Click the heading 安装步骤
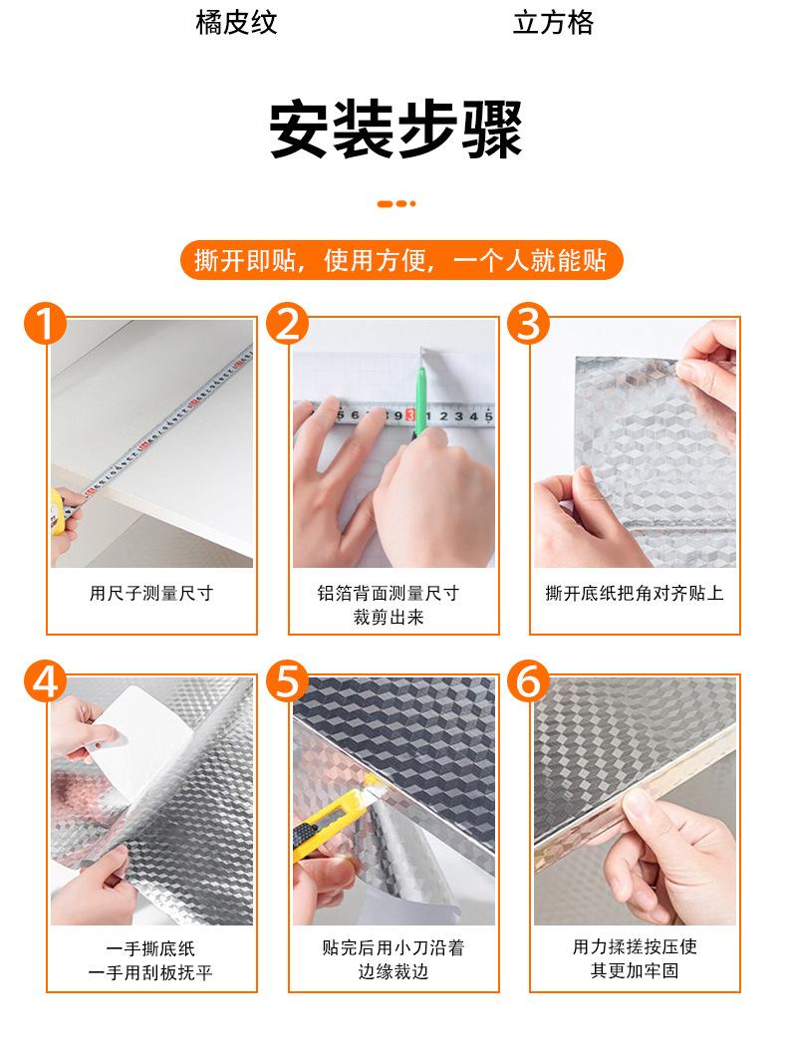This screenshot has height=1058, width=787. click(395, 129)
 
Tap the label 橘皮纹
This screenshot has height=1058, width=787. click(236, 22)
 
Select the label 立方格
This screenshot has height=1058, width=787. click(553, 22)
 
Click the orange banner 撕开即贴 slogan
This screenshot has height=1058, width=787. click(400, 260)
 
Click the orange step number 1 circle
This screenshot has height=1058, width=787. click(45, 324)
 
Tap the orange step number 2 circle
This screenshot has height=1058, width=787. click(287, 324)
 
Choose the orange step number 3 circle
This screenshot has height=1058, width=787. click(529, 324)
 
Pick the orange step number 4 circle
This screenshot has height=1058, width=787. click(45, 681)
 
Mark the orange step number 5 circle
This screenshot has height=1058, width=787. click(287, 681)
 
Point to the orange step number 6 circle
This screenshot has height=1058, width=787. click(529, 681)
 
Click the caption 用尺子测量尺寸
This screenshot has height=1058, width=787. click(151, 593)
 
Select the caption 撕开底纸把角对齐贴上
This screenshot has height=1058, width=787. click(635, 593)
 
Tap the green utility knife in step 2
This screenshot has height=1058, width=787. click(420, 393)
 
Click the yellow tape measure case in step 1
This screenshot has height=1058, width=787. click(57, 513)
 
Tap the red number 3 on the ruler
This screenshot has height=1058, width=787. click(410, 415)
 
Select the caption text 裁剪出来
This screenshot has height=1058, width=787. click(389, 617)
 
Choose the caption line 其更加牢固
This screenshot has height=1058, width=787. click(635, 971)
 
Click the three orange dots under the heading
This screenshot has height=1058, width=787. click(396, 203)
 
